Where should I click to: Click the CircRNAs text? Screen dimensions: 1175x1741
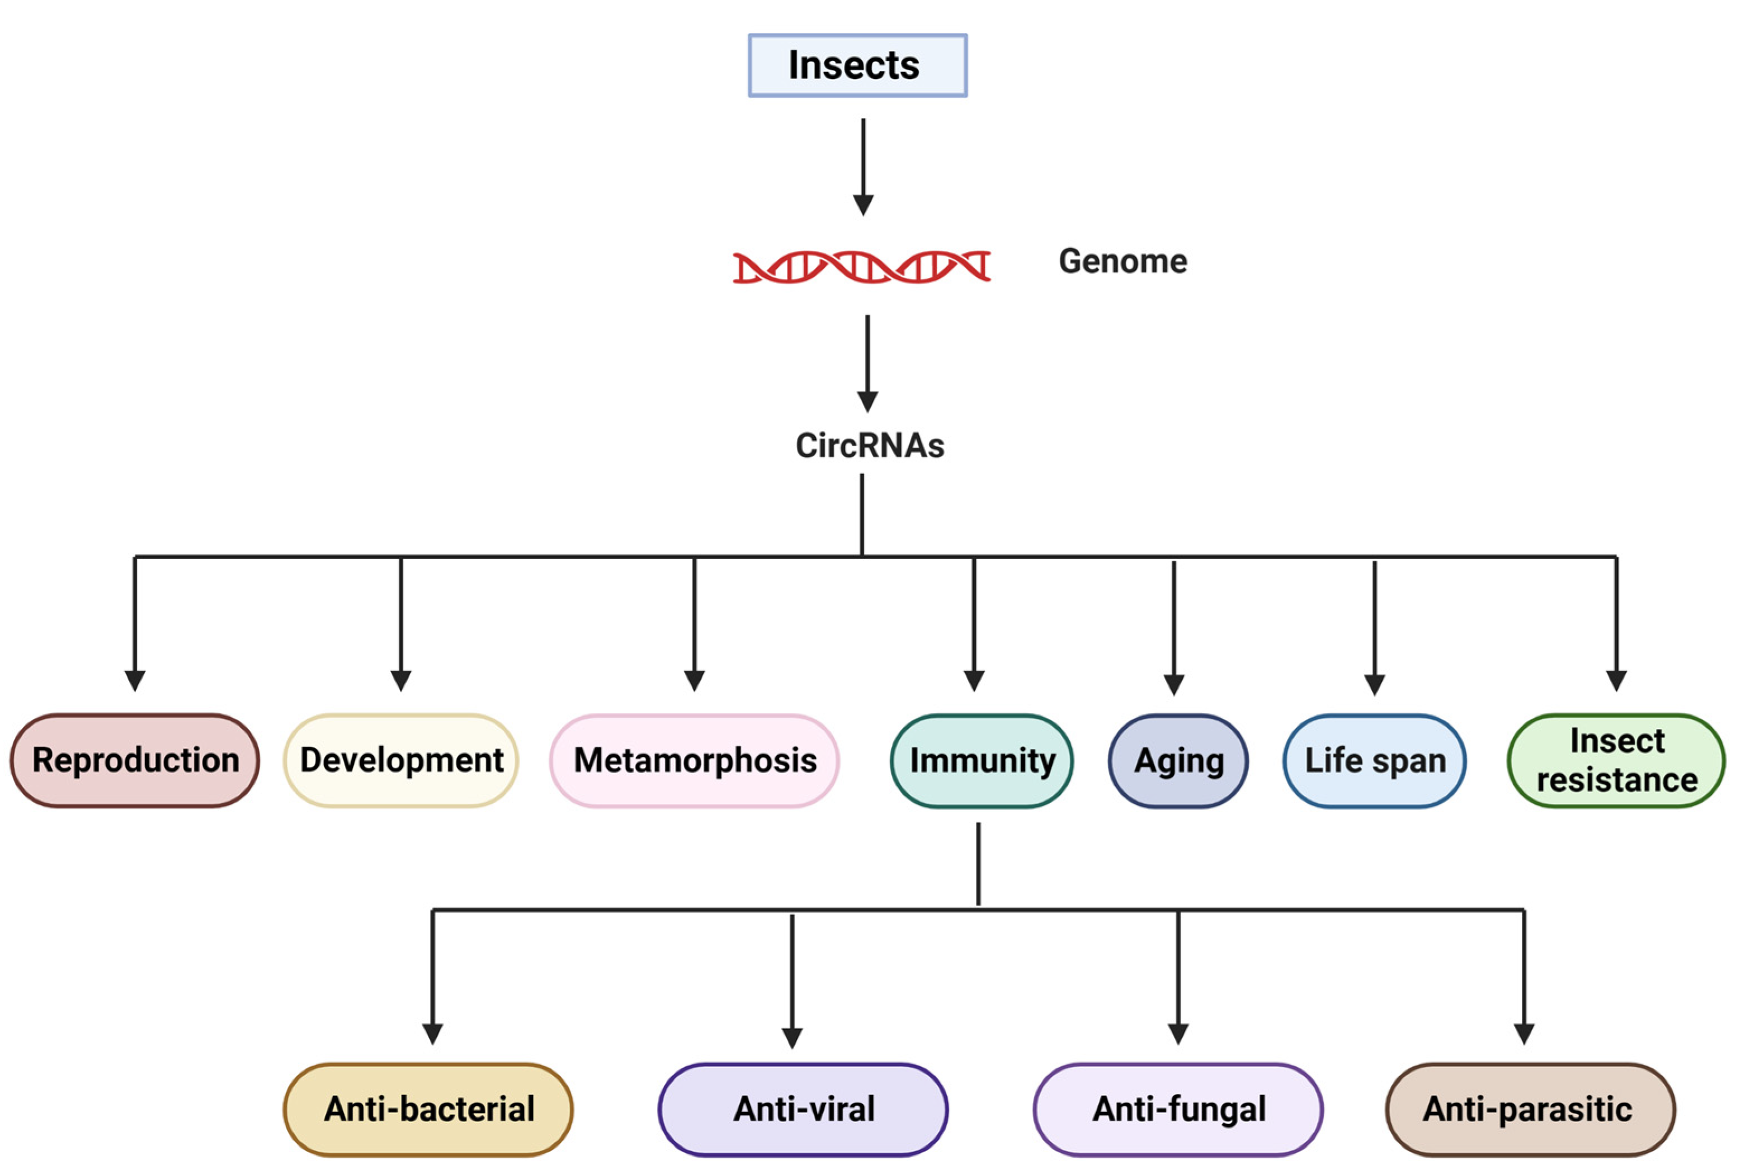[869, 446]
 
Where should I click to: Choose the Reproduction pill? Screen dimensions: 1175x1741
[135, 760]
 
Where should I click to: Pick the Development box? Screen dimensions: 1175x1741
[401, 760]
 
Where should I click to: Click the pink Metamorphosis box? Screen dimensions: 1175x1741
[695, 760]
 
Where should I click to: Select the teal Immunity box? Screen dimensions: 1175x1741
[982, 760]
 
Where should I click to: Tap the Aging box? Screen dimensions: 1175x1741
[1178, 760]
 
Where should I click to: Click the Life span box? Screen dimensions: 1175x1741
[1374, 760]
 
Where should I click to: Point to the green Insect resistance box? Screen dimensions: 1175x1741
[1616, 760]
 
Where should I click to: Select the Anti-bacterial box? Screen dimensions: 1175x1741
[428, 1108]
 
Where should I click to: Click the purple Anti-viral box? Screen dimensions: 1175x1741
[803, 1108]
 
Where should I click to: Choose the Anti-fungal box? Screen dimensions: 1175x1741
[1178, 1108]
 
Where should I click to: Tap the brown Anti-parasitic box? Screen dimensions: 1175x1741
[1530, 1108]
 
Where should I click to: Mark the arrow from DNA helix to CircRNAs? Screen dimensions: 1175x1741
[867, 363]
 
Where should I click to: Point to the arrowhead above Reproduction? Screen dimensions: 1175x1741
[135, 680]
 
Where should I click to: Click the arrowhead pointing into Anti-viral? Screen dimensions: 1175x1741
[792, 1037]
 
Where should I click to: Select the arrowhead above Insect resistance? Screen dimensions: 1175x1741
[1616, 680]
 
